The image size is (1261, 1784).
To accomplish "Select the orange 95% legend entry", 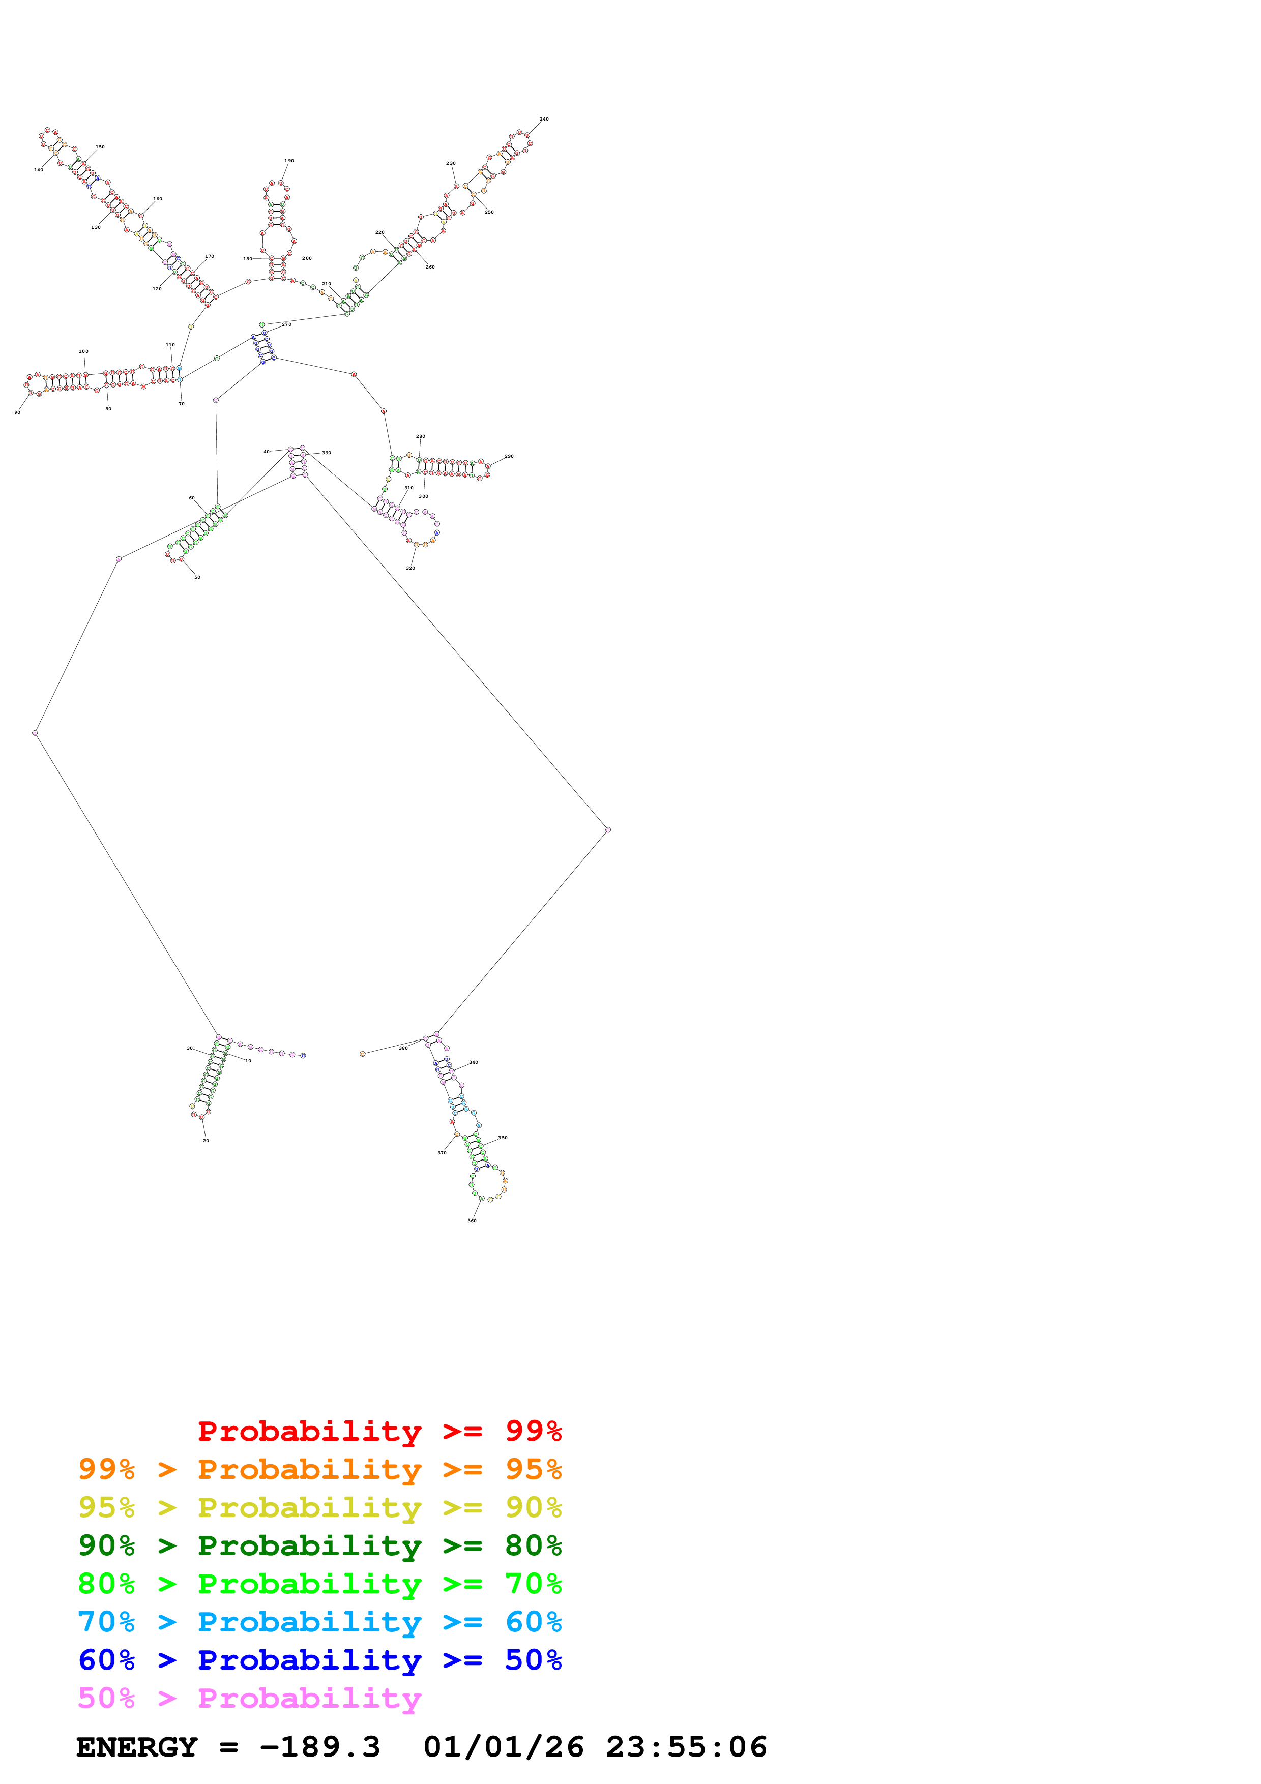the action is point(319,1469).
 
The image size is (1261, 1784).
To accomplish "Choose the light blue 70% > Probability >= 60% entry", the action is point(319,1622).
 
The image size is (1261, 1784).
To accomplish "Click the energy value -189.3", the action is point(319,1747).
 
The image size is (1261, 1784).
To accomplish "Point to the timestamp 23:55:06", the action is point(686,1747).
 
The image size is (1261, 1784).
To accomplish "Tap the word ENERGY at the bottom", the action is point(137,1747).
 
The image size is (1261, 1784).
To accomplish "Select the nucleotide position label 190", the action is point(289,161).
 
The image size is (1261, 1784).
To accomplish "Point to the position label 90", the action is point(17,412).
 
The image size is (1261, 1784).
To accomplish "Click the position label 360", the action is point(472,1221).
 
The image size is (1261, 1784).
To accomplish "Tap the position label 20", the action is point(206,1141).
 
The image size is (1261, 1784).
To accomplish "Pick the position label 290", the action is point(509,456).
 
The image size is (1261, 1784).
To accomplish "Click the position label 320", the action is point(410,568).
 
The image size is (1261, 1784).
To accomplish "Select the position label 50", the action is point(197,577).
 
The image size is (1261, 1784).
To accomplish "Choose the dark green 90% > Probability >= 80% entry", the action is point(319,1545).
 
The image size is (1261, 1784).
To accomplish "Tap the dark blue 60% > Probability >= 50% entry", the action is point(319,1660).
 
